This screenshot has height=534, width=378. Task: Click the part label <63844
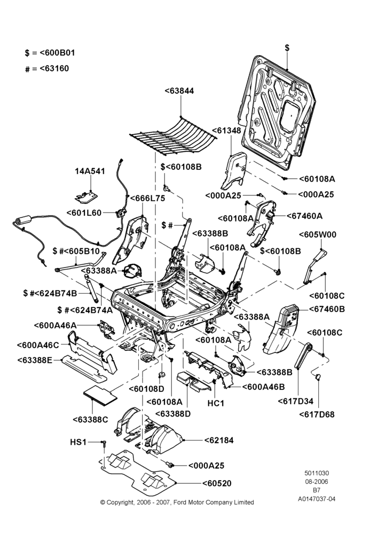pyautogui.click(x=179, y=91)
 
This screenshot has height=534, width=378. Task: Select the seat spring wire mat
pyautogui.click(x=174, y=136)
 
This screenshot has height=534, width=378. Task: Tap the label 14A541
pyautogui.click(x=90, y=171)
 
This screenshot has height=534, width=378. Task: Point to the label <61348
pyautogui.click(x=226, y=131)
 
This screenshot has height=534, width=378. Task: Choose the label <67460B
pyautogui.click(x=327, y=309)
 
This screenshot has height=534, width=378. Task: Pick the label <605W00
pyautogui.click(x=317, y=234)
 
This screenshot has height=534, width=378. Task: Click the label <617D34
pyautogui.click(x=296, y=401)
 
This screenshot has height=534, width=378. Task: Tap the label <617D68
pyautogui.click(x=317, y=414)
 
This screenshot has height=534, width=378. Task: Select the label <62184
pyautogui.click(x=219, y=441)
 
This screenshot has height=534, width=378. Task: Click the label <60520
pyautogui.click(x=217, y=483)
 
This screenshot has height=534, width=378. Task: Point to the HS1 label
pyautogui.click(x=78, y=442)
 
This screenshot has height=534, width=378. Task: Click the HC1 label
pyautogui.click(x=216, y=403)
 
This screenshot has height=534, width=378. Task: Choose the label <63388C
pyautogui.click(x=90, y=420)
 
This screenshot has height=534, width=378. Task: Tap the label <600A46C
pyautogui.click(x=38, y=344)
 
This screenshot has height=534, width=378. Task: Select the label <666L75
pyautogui.click(x=147, y=198)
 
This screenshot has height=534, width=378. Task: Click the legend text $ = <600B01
pyautogui.click(x=50, y=53)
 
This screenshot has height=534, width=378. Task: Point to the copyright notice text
pyautogui.click(x=177, y=502)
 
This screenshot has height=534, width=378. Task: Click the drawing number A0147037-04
pyautogui.click(x=317, y=499)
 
